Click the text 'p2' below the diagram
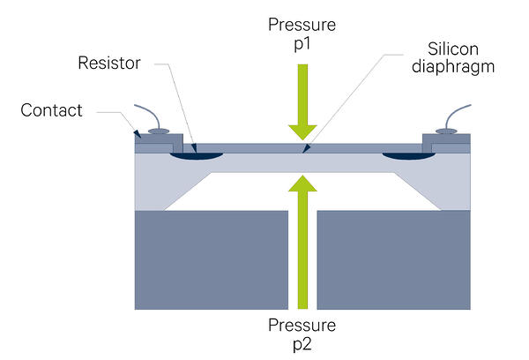point(302,345)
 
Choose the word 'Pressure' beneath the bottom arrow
point(302,326)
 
